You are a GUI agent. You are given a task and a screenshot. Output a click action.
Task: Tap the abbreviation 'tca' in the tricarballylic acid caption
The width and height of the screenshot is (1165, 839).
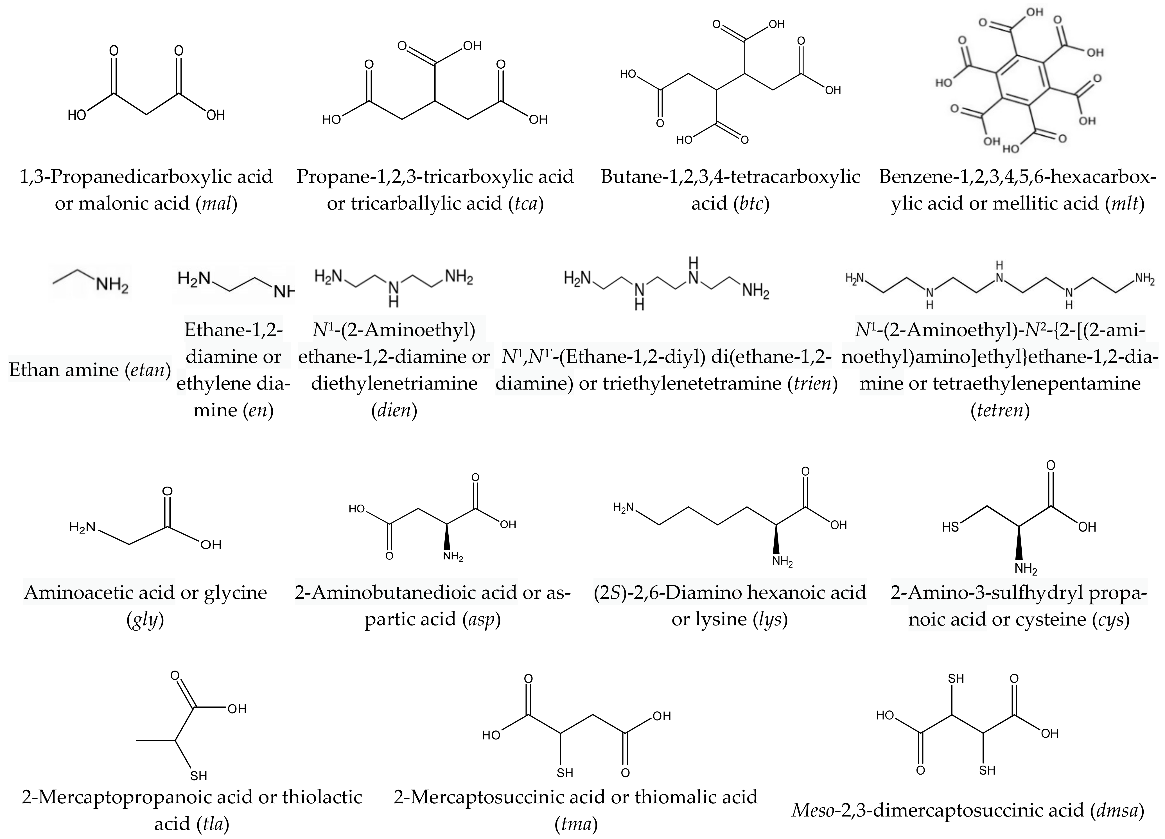pyautogui.click(x=525, y=204)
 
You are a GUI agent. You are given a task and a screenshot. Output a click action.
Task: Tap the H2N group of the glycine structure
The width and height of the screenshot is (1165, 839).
pyautogui.click(x=82, y=527)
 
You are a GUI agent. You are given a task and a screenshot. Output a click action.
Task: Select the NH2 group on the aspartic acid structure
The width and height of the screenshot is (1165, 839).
pyautogui.click(x=453, y=556)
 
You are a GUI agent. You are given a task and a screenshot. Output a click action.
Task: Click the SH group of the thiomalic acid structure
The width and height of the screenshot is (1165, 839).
pyautogui.click(x=565, y=773)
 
